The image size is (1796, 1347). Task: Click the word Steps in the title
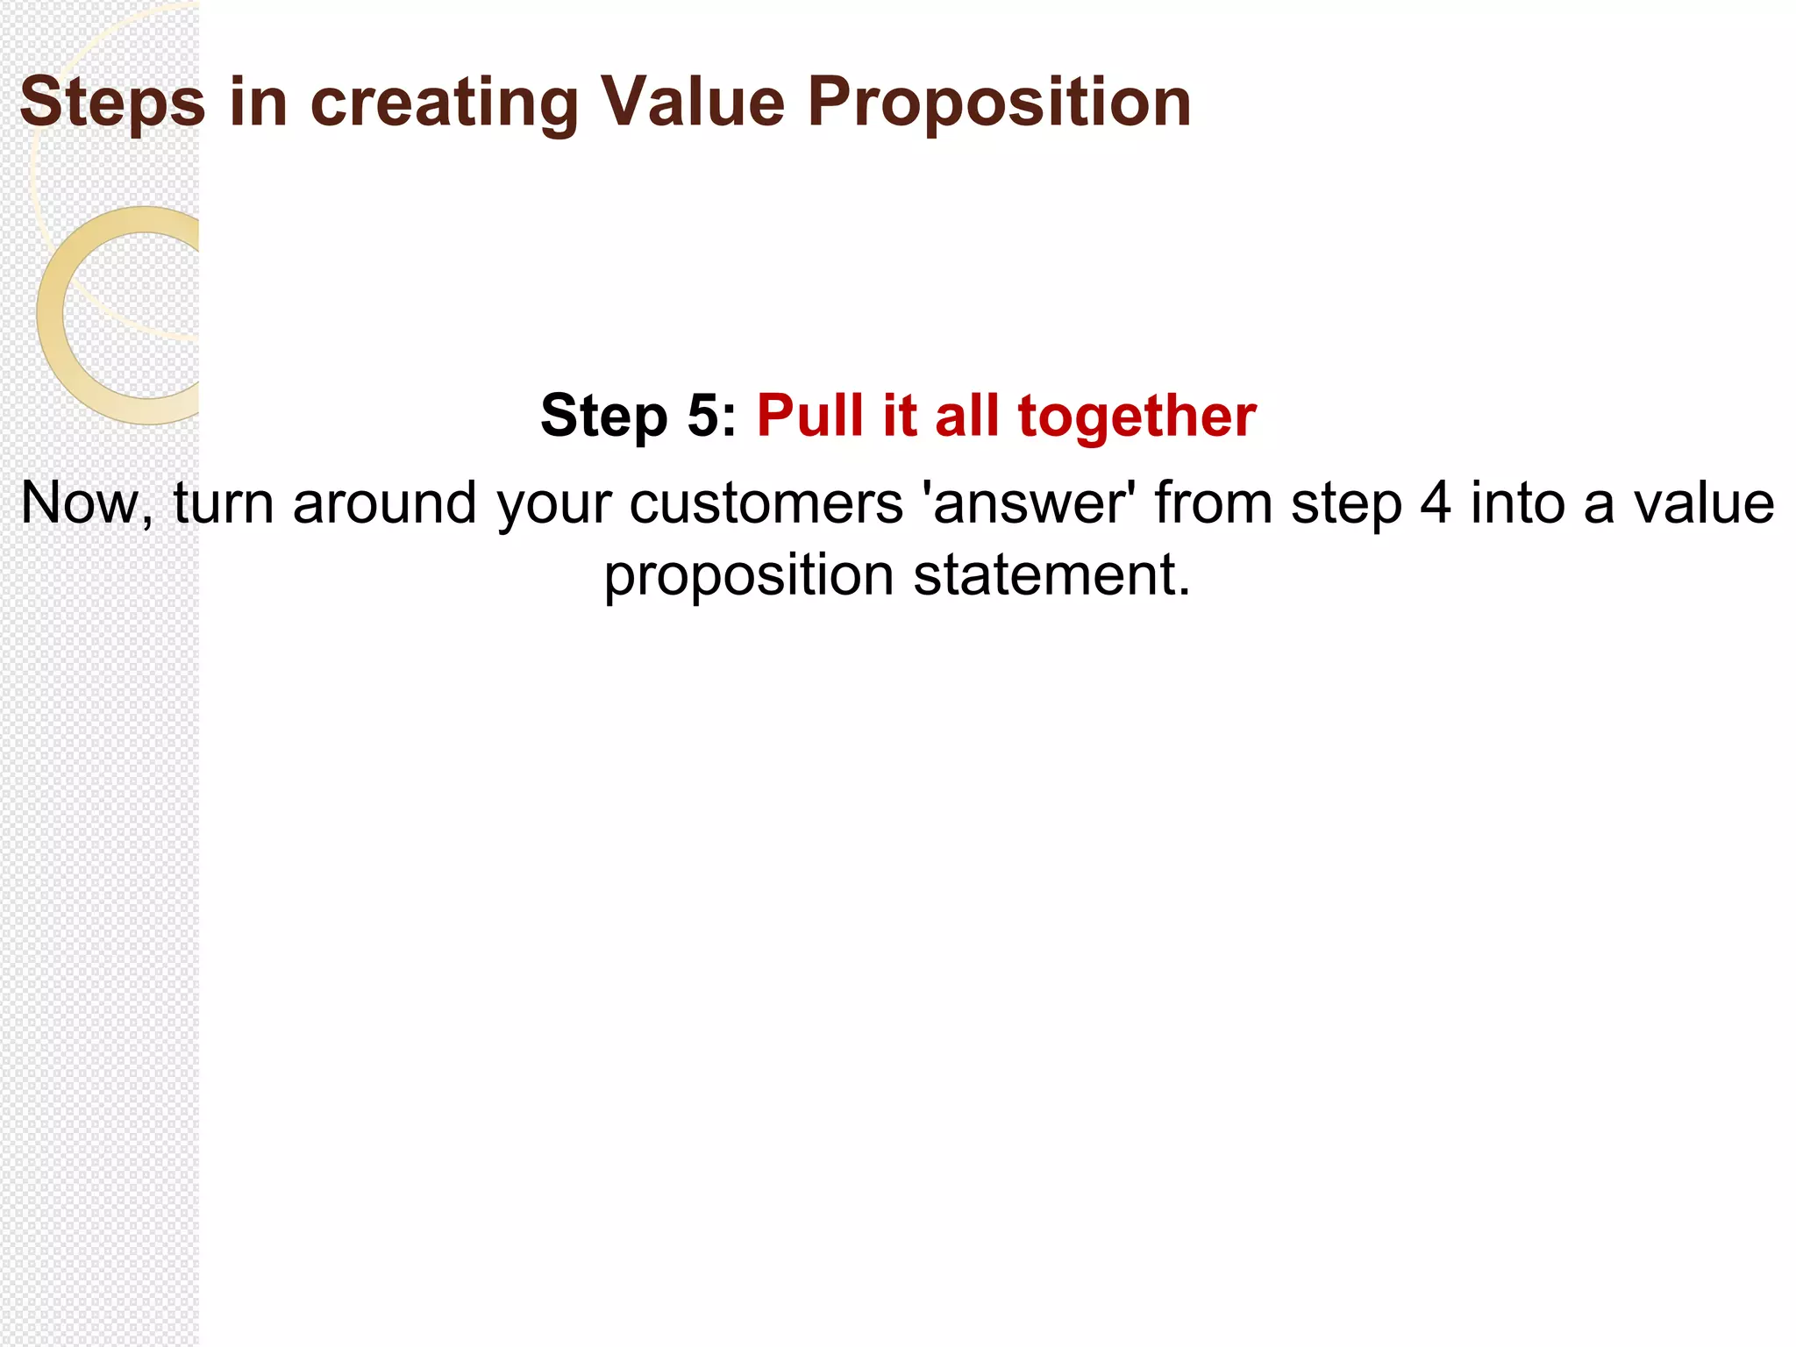pyautogui.click(x=112, y=103)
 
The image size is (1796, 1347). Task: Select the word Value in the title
pyautogui.click(x=692, y=103)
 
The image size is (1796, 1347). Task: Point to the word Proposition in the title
pyautogui.click(x=999, y=103)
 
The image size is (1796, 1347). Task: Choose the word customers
pyautogui.click(x=766, y=503)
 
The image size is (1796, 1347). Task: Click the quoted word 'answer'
pyautogui.click(x=1030, y=503)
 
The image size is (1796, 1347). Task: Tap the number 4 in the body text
pyautogui.click(x=1434, y=503)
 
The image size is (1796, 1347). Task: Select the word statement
pyautogui.click(x=1051, y=575)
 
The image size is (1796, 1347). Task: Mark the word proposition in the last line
pyautogui.click(x=749, y=577)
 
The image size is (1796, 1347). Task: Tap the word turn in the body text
pyautogui.click(x=223, y=503)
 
